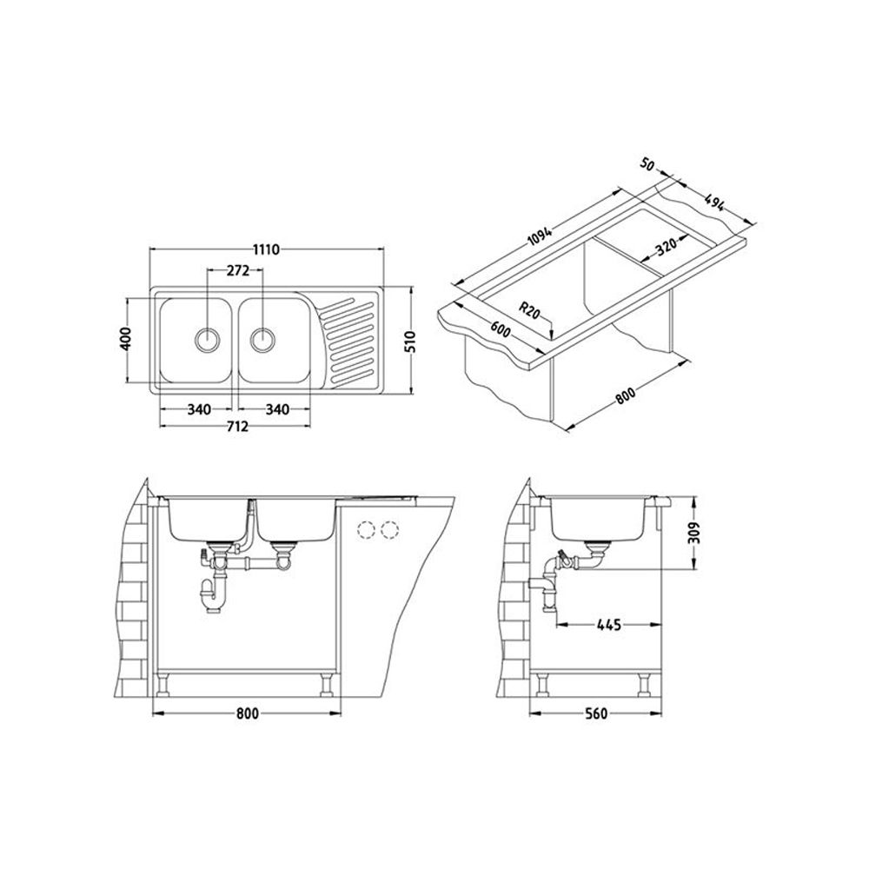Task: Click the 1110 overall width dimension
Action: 266,249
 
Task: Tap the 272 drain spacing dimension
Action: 238,270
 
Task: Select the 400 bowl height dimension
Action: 126,338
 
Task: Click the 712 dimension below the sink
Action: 236,426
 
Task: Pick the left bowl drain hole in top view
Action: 208,339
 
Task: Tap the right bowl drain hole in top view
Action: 262,339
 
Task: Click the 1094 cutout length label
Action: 540,235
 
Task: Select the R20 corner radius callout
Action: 530,310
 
